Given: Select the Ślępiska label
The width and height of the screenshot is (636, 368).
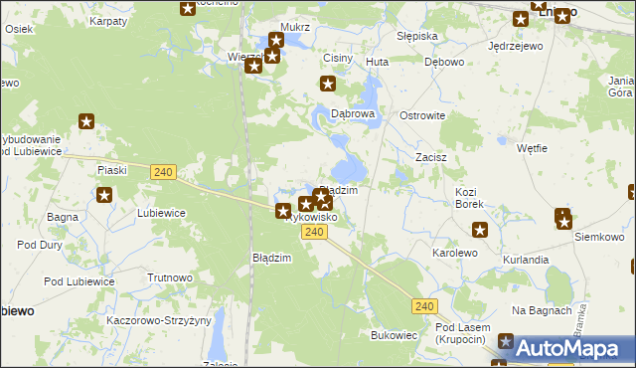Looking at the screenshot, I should (x=416, y=36).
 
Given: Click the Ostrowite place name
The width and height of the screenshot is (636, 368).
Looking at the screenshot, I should (x=422, y=116).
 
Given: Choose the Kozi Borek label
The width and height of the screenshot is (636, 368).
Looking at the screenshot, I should (x=469, y=197).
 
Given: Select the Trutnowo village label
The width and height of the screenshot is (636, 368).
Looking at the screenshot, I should (x=169, y=278).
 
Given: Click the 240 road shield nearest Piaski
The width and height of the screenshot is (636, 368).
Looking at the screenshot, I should (x=165, y=173).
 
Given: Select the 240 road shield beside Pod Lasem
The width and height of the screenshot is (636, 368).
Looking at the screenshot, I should (x=425, y=306).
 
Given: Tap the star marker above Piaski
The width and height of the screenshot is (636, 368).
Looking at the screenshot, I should (x=86, y=122).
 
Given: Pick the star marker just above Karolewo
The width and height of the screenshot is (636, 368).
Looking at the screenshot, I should (x=480, y=231).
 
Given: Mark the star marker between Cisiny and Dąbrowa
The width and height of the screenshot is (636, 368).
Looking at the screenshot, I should (x=327, y=86).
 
